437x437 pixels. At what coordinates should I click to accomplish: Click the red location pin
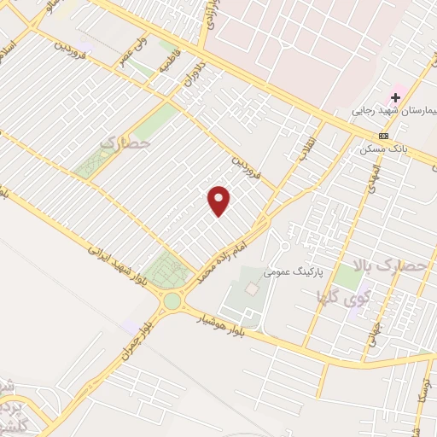pyautogui.click(x=219, y=201)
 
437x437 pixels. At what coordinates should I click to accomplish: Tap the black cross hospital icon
pyautogui.click(x=395, y=97)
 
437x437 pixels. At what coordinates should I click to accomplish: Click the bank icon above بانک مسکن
pyautogui.click(x=383, y=136)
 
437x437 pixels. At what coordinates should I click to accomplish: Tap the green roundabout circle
pyautogui.click(x=173, y=300)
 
